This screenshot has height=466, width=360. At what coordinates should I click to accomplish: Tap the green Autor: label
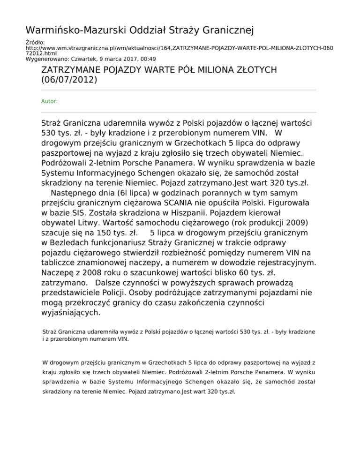coord(49,101)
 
